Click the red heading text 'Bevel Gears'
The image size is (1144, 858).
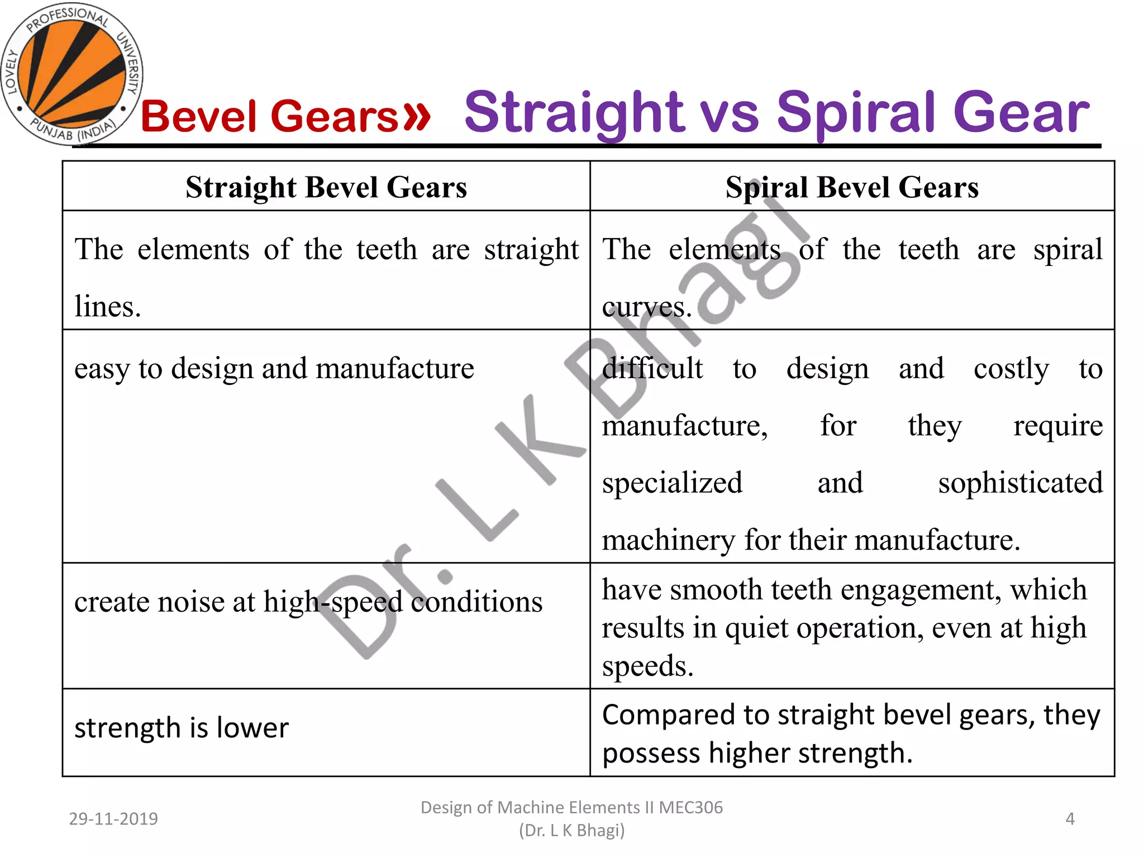point(269,116)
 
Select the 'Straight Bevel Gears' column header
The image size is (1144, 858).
point(326,187)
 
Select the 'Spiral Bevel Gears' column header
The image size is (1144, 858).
point(852,187)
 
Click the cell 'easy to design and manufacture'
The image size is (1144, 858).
point(274,369)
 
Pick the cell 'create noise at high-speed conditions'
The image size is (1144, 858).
point(308,602)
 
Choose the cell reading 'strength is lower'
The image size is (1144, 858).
point(182,728)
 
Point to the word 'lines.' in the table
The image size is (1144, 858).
point(108,307)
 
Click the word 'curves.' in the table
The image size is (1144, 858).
point(647,307)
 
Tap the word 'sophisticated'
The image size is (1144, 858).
point(1020,483)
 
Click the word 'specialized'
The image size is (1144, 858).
point(672,483)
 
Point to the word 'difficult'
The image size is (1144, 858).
point(652,369)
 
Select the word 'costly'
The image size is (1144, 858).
point(1011,369)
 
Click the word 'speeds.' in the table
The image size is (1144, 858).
point(647,666)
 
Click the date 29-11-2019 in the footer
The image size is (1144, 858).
point(113,819)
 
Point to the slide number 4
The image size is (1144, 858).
point(1070,819)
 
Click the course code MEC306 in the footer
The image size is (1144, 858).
point(690,808)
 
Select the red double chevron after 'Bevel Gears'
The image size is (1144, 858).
point(417,116)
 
